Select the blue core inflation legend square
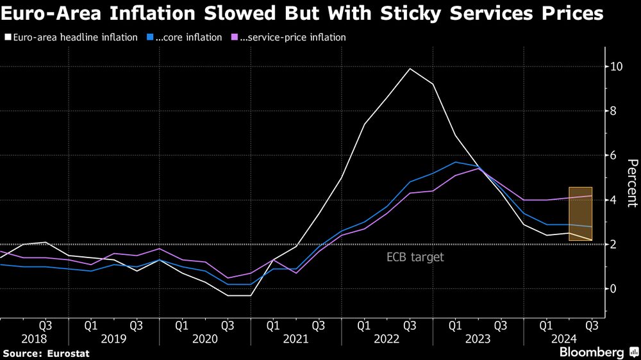[149, 38]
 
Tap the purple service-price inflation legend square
[234, 38]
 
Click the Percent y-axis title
[632, 183]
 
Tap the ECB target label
[415, 258]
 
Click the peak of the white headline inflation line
[410, 69]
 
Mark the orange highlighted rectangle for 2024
[580, 214]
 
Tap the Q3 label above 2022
[409, 325]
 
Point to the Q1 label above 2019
[92, 325]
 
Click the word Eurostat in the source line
[67, 353]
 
